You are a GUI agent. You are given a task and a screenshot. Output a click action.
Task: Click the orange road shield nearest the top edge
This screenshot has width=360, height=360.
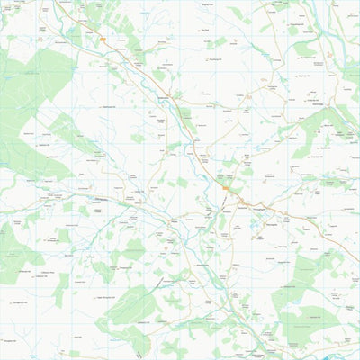pos(104,40)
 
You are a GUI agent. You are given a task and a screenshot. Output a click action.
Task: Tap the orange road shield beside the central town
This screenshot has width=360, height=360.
pos(229,189)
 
